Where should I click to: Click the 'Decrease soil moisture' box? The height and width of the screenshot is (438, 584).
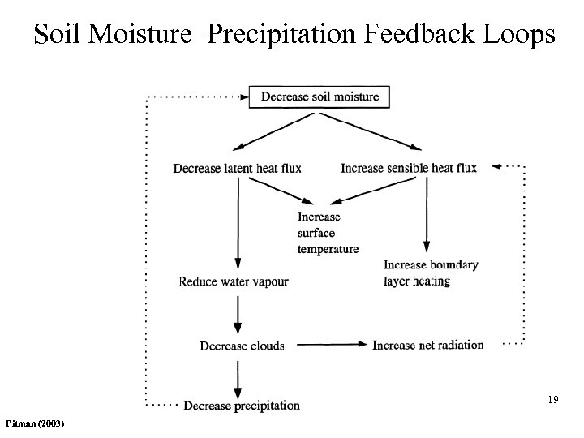pos(320,97)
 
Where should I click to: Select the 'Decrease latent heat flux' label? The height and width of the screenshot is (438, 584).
pos(237,169)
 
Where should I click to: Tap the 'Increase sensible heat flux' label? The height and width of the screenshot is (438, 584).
pos(409,169)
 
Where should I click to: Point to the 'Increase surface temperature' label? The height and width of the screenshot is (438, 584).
pos(328,233)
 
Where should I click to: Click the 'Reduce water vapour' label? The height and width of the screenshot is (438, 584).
pos(233,282)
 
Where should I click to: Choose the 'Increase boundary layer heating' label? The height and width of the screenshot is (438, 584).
pos(431,273)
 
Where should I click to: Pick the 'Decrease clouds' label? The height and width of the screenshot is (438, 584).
pos(242,346)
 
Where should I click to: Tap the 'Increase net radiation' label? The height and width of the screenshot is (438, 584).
pos(427,346)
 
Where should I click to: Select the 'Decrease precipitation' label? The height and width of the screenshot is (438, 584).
pos(242,405)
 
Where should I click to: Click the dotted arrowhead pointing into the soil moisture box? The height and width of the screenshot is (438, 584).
pos(247,97)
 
